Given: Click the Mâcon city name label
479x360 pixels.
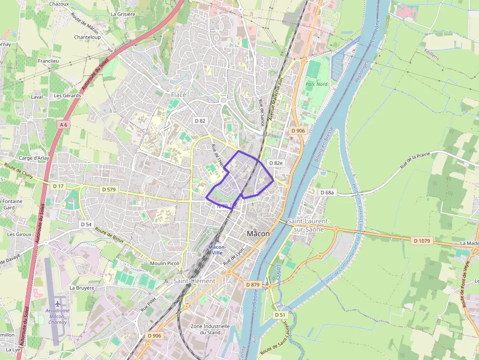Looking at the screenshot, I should tap(258, 233).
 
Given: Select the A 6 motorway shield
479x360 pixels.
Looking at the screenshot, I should tap(63, 125).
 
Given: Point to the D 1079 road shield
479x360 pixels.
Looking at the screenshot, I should tap(421, 241).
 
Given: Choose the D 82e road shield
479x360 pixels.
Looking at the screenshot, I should tap(276, 163).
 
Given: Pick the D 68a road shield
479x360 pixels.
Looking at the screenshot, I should tap(327, 192).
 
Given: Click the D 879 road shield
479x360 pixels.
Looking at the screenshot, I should tap(253, 284).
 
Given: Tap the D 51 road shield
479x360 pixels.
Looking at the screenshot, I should tap(280, 315).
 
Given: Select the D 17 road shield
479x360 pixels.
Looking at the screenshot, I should tap(58, 186).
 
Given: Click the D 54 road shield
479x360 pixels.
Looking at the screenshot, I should tap(86, 224).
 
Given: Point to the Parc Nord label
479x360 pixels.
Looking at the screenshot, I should tap(316, 84).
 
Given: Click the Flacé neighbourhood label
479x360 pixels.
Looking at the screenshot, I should tap(178, 94).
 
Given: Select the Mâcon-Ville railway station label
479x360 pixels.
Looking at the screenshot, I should tap(217, 250).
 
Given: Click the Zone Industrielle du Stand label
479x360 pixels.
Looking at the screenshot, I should tap(210, 329).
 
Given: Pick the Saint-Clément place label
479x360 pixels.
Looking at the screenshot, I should tap(194, 281).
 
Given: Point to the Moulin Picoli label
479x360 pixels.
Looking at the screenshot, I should tap(165, 263).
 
